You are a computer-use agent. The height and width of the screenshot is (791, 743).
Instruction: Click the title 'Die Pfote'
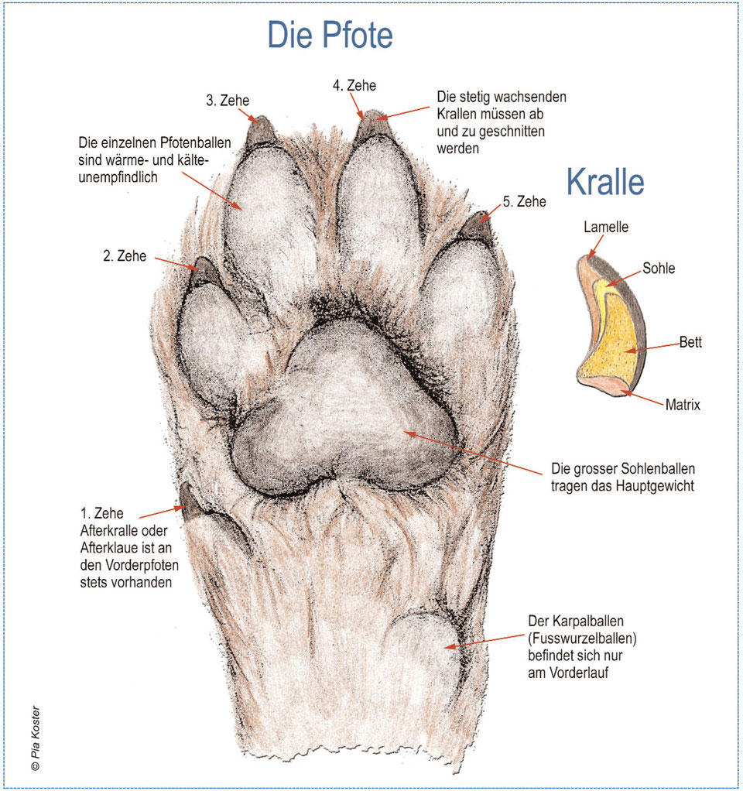[x=330, y=35]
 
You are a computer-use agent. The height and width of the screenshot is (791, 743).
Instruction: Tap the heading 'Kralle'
[x=605, y=182]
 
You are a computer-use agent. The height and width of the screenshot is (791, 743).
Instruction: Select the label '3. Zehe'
[x=228, y=101]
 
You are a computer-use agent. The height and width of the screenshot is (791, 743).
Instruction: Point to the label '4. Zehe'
[x=354, y=85]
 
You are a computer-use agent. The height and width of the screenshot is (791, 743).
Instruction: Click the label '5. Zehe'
[x=525, y=201]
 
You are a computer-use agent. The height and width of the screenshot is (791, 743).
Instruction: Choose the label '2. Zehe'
[x=125, y=255]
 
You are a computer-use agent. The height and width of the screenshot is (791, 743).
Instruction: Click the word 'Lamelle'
[x=606, y=227]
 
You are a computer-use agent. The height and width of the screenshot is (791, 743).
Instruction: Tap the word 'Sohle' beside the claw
[x=659, y=269]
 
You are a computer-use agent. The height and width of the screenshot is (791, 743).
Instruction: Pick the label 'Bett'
[x=690, y=342]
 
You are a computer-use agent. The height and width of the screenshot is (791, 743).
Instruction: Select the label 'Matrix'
[x=683, y=405]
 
